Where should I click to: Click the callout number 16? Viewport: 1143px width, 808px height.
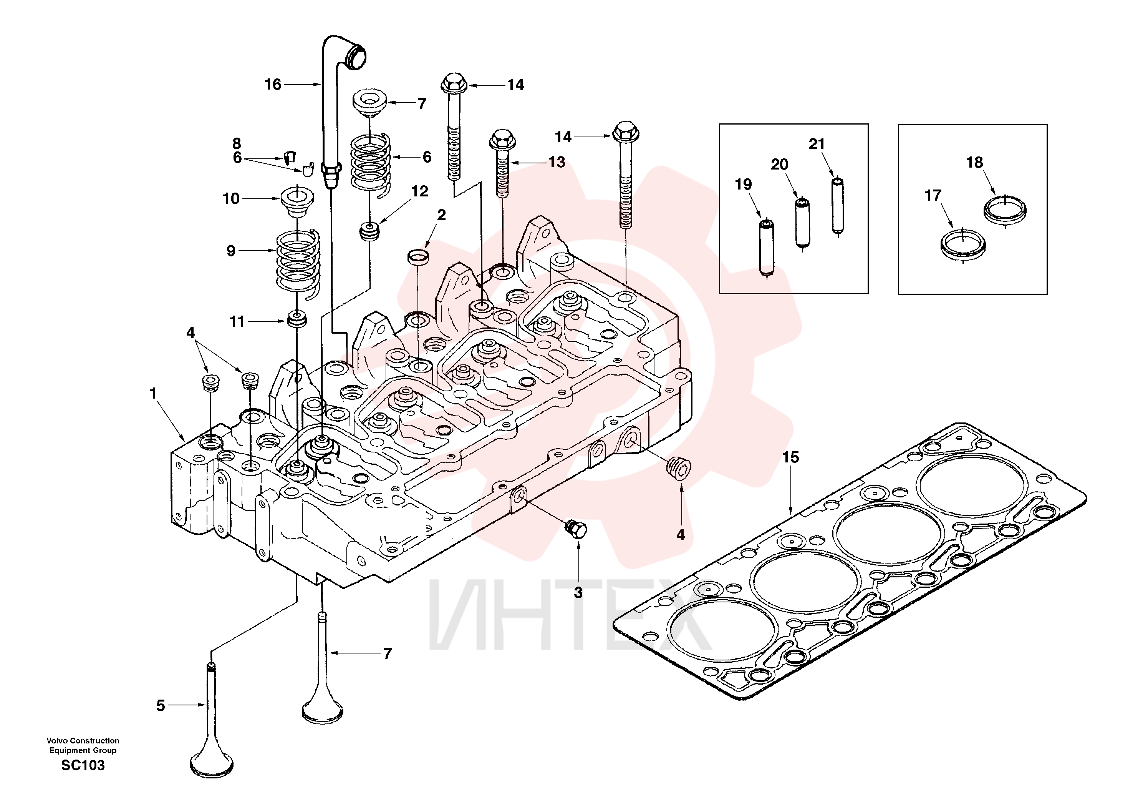pyautogui.click(x=273, y=85)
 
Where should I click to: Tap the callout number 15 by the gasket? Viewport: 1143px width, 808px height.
pyautogui.click(x=790, y=457)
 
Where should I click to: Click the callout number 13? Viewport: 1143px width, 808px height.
pyautogui.click(x=557, y=162)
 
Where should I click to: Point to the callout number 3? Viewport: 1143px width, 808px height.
pyautogui.click(x=578, y=593)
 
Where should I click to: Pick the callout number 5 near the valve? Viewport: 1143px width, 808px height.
pyautogui.click(x=160, y=705)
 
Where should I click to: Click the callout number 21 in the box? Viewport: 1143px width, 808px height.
pyautogui.click(x=817, y=144)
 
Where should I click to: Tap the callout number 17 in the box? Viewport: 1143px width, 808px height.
pyautogui.click(x=933, y=195)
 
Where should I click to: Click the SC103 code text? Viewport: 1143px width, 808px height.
pyautogui.click(x=83, y=765)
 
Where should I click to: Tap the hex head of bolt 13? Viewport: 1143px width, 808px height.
pyautogui.click(x=503, y=140)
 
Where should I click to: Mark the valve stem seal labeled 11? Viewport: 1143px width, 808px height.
pyautogui.click(x=298, y=319)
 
